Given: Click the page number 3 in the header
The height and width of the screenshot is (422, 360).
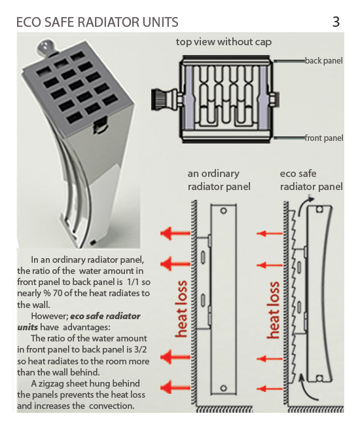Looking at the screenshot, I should [x=336, y=22].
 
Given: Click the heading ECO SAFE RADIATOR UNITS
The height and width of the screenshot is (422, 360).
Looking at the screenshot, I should [x=97, y=22].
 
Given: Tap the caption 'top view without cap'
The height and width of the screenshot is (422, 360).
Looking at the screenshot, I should [x=224, y=42].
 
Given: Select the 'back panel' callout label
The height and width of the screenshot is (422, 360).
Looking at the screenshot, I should [x=323, y=61].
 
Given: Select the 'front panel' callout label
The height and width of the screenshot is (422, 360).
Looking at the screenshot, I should [x=323, y=138].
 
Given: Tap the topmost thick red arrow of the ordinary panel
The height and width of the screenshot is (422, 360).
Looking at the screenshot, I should [x=175, y=233].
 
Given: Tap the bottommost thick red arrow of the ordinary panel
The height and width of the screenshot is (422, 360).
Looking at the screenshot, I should [x=175, y=387].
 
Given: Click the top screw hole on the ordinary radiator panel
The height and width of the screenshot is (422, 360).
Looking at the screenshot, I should [x=223, y=212].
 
